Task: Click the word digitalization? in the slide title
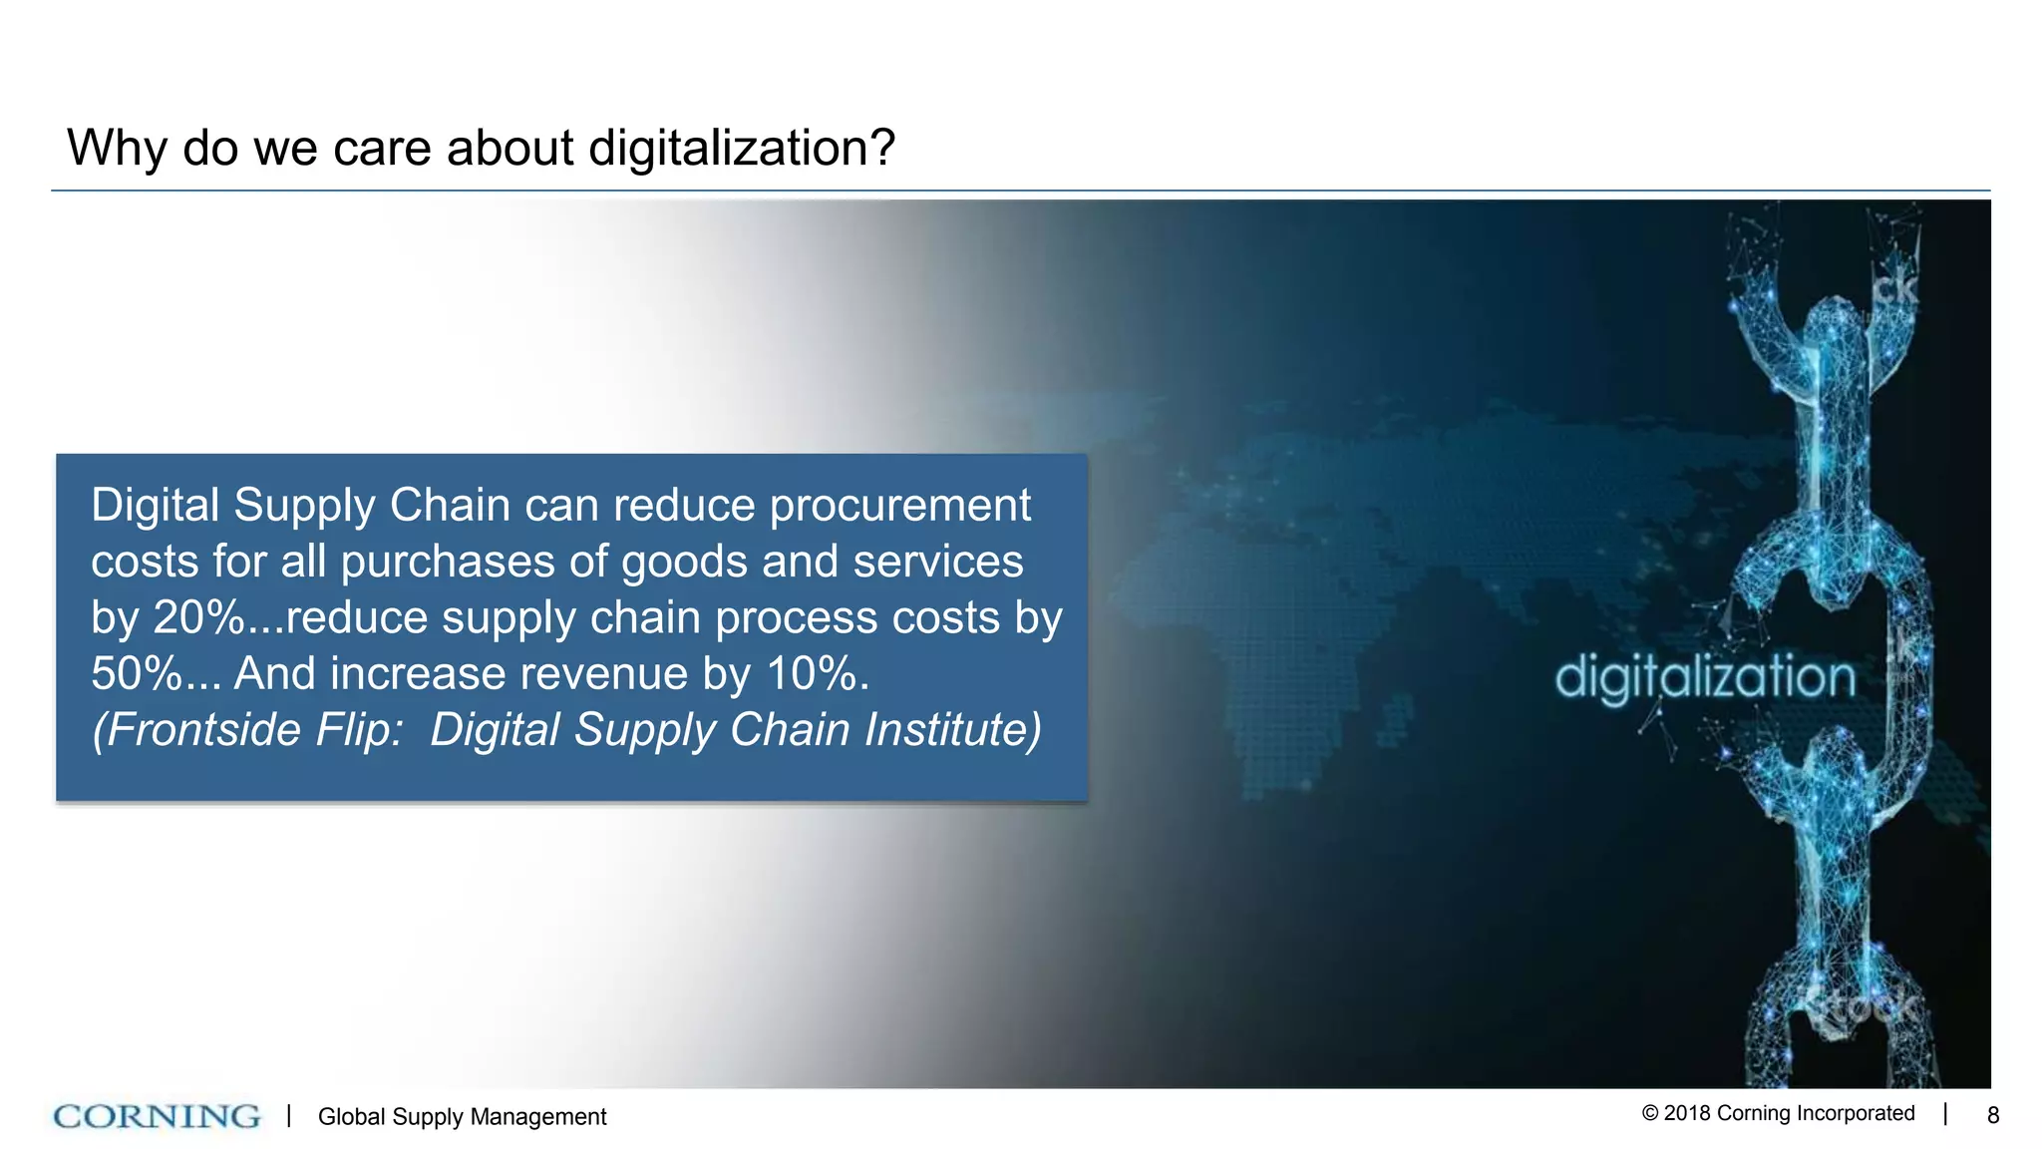coord(742,149)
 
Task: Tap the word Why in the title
coord(116,149)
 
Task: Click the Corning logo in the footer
coord(157,1116)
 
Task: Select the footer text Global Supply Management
coord(462,1117)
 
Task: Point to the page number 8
coord(1992,1116)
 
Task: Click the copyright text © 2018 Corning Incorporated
coord(1778,1114)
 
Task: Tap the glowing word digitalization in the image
coord(1705,678)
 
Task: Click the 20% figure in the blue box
coord(199,618)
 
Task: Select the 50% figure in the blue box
coord(137,674)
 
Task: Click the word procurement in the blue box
coord(900,507)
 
